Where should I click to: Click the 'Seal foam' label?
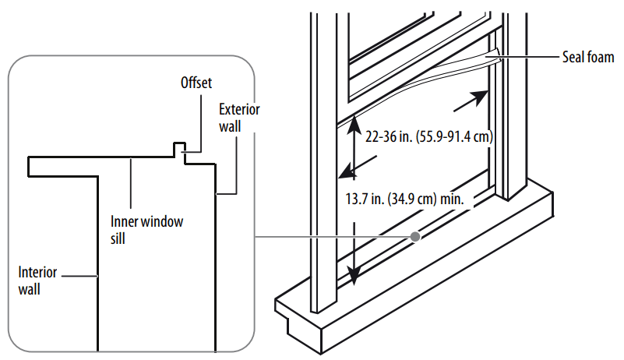click(x=587, y=58)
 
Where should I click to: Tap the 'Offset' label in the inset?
click(x=196, y=82)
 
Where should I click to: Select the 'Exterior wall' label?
click(x=239, y=117)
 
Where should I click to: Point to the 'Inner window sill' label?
click(x=146, y=229)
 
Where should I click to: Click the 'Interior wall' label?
click(x=37, y=281)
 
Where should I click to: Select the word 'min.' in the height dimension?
click(x=452, y=199)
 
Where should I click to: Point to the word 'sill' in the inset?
click(x=118, y=238)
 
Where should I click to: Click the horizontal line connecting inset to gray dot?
click(x=335, y=235)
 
